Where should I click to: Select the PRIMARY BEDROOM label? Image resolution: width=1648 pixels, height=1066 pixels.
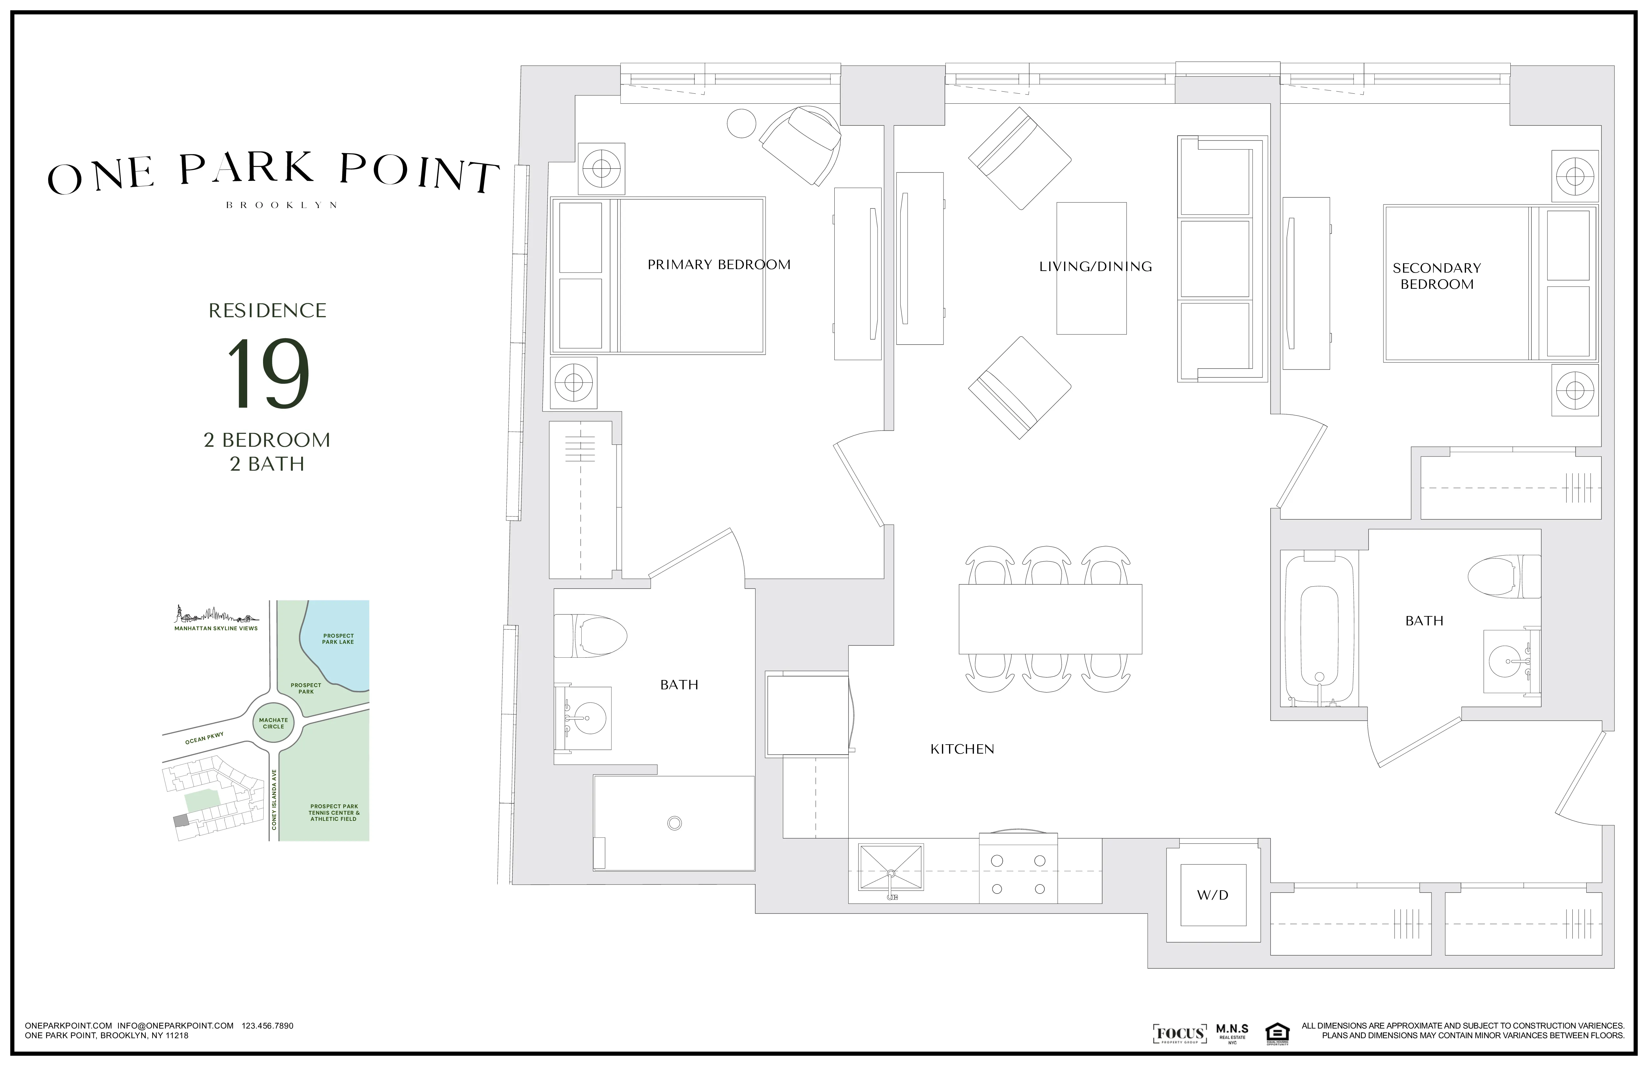[719, 265]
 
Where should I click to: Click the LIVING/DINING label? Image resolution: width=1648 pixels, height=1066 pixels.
[1095, 266]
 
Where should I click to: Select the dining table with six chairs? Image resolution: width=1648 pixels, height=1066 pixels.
[1050, 619]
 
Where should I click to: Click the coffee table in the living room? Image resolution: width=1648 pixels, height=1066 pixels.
[1091, 268]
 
